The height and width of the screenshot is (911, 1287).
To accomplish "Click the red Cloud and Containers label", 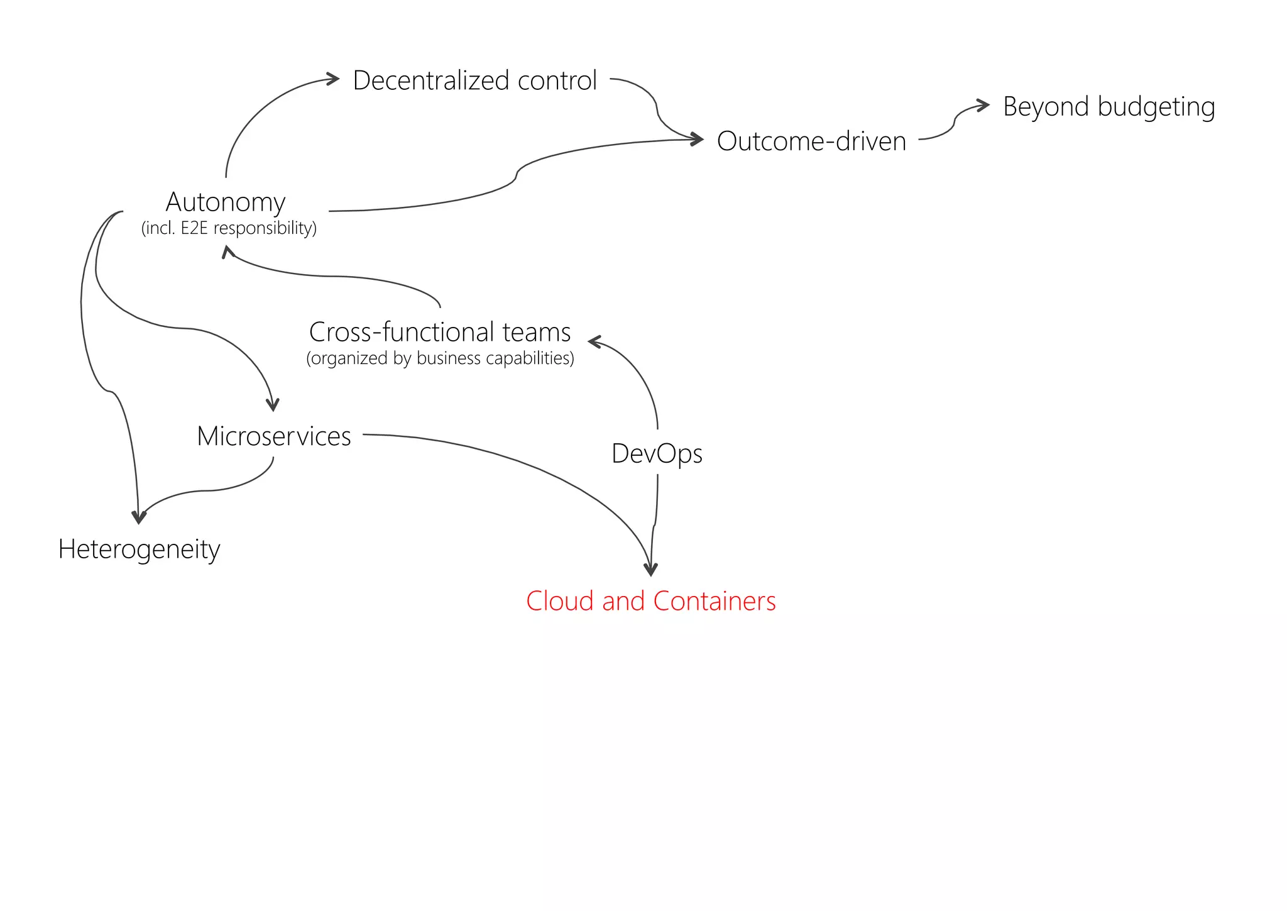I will point(650,601).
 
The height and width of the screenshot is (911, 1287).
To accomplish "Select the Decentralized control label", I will point(474,80).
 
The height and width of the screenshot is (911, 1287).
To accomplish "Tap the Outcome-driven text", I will point(811,141).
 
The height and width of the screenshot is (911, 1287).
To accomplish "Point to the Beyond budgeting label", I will point(1109,106).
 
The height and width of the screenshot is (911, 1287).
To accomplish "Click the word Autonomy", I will point(226,202).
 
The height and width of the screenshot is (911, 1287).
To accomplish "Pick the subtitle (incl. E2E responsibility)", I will point(229,228).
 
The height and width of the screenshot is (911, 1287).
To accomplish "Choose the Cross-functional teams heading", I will point(440,331).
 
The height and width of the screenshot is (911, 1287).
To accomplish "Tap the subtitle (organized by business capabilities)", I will point(440,358).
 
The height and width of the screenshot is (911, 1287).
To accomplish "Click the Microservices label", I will point(273,436).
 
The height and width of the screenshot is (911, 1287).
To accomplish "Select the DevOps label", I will point(657,453).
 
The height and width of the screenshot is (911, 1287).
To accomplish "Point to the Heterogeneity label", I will point(139,549).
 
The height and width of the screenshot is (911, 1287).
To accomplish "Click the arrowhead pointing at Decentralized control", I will point(333,79).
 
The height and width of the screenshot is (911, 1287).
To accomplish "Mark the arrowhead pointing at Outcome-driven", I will point(697,139).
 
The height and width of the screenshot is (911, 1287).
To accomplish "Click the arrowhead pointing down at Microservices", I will point(273,404).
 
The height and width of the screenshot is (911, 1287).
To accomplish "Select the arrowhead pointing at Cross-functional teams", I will point(594,341).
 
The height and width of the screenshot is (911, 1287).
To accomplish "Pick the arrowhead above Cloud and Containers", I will point(651,570).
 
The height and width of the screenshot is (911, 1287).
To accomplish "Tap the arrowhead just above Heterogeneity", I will point(138,517).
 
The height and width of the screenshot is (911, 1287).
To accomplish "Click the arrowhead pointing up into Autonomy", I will point(227,251).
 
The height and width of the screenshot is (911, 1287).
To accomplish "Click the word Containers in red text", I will point(715,601).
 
